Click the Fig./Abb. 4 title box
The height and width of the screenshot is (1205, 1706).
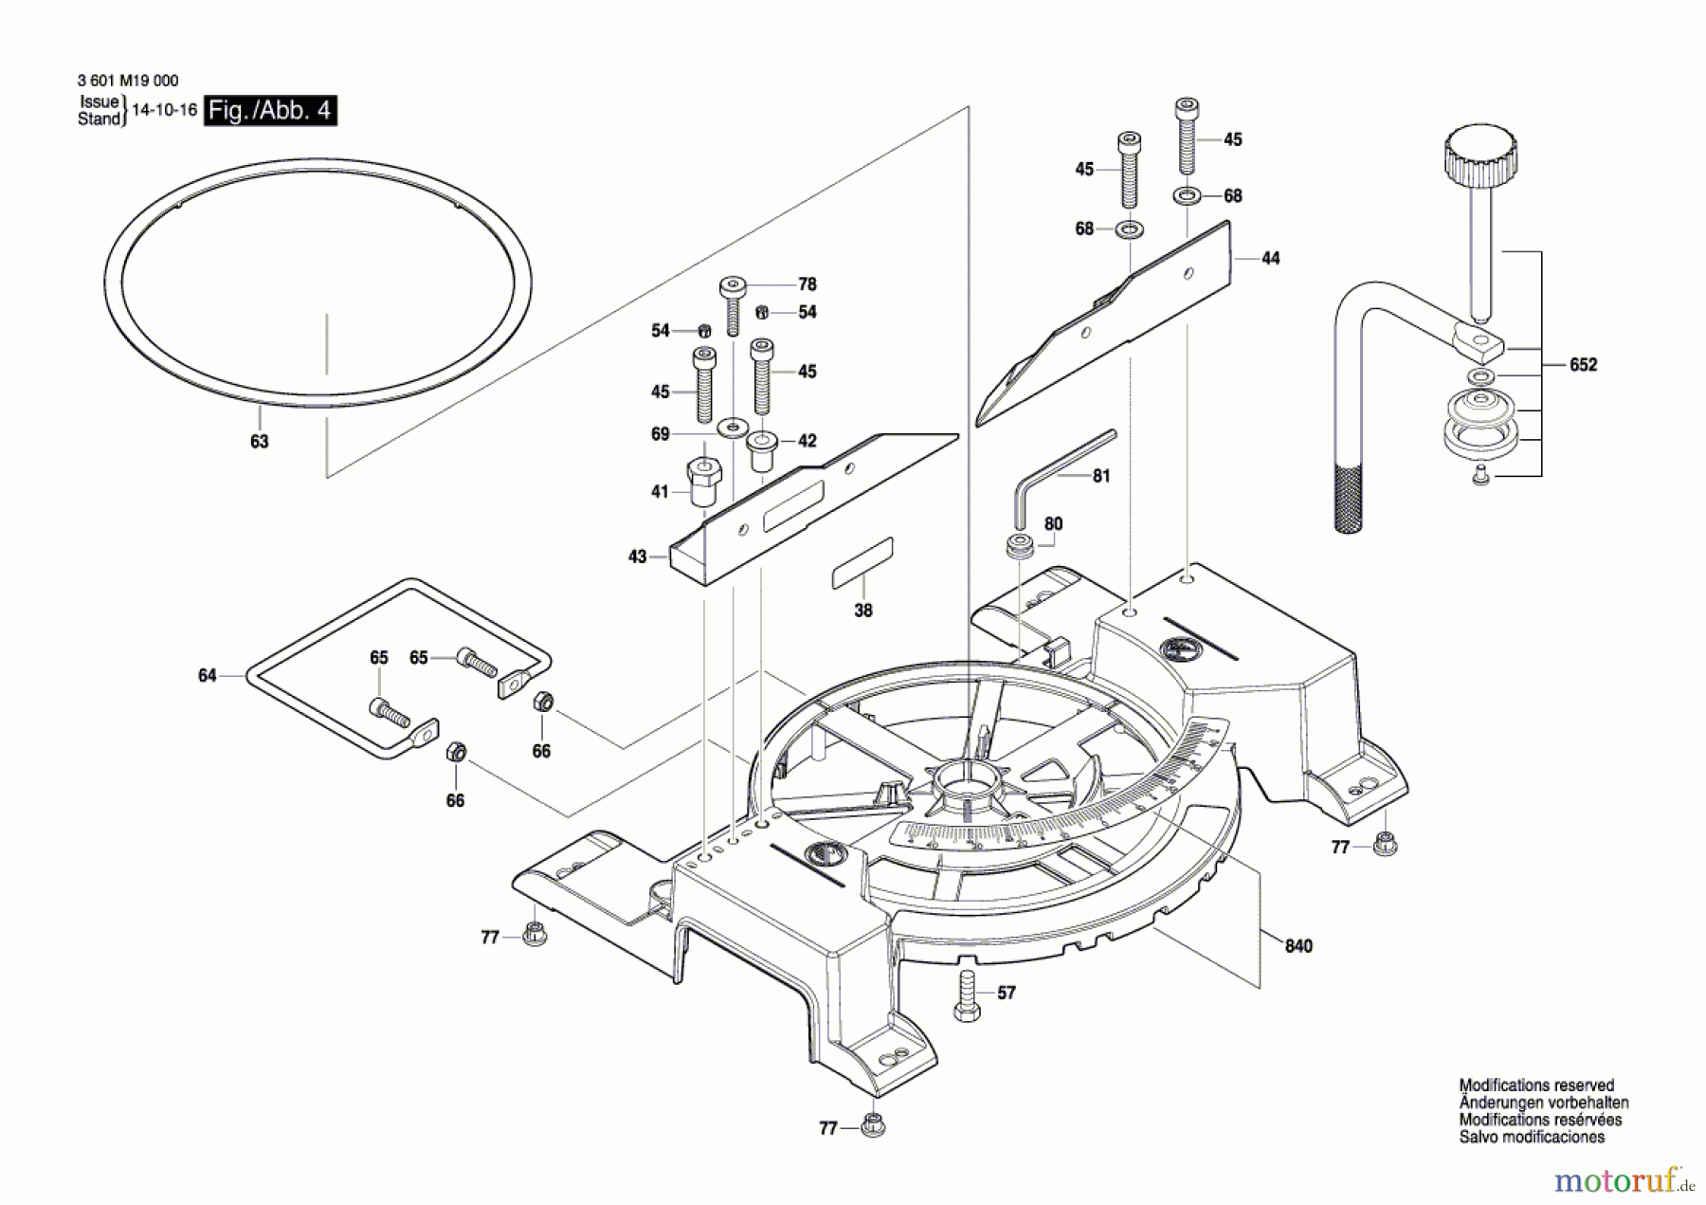[x=270, y=111]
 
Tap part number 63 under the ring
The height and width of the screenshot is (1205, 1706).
[x=259, y=442]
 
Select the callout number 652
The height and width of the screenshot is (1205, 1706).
[x=1583, y=365]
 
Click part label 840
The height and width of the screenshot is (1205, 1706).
[x=1298, y=946]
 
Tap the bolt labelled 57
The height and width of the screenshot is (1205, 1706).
[x=967, y=995]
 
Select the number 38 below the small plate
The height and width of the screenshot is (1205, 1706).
[x=862, y=611]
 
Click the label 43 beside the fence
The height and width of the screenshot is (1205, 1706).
[x=637, y=557]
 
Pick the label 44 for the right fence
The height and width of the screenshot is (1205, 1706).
[x=1270, y=258]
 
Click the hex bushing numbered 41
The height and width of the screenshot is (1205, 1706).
[x=703, y=482]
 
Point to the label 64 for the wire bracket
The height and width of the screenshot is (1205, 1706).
[x=207, y=676]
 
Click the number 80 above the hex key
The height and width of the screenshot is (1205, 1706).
[x=1053, y=524]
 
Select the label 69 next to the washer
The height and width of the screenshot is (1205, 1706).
[x=661, y=434]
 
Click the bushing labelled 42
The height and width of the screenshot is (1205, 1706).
[x=762, y=451]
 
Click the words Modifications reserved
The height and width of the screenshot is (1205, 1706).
[x=1536, y=1086]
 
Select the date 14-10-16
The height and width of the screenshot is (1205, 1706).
[x=164, y=110]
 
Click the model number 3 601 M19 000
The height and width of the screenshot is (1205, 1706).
[x=128, y=81]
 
